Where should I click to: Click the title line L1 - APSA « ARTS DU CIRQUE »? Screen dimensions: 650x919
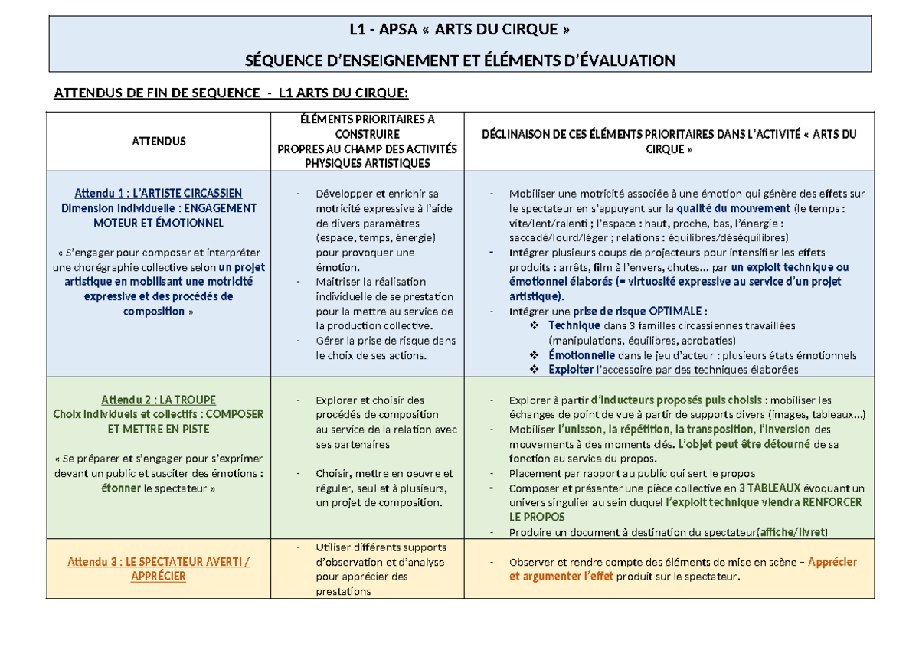pos(459,31)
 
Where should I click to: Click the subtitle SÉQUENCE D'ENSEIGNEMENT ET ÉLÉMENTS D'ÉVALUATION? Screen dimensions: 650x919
pos(459,60)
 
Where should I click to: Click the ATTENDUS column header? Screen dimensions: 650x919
pos(159,141)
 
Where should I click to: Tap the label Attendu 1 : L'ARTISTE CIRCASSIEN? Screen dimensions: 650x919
pos(159,193)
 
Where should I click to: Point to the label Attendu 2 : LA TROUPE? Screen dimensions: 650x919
pos(159,400)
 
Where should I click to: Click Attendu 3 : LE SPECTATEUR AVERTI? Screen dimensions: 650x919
pos(159,561)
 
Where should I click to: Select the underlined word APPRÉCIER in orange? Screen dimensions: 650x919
pos(159,576)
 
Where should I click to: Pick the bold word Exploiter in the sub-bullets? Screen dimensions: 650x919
pos(571,370)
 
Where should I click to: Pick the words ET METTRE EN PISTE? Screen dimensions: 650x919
pos(159,429)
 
